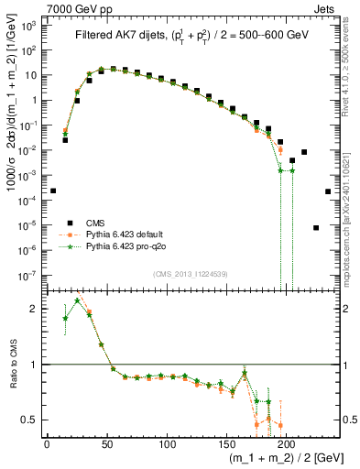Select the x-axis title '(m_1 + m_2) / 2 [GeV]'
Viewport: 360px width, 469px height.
pos(276,459)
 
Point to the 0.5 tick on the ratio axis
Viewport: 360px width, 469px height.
pos(29,420)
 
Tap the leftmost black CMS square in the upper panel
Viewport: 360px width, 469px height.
pos(53,191)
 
